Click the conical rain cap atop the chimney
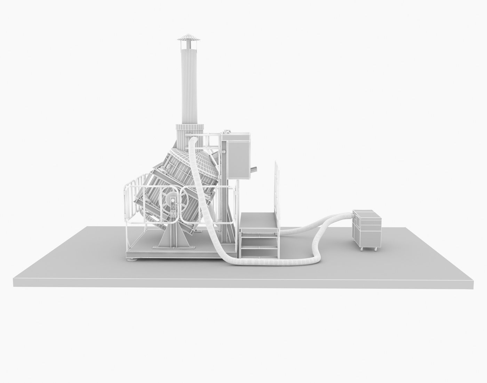coord(187,37)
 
